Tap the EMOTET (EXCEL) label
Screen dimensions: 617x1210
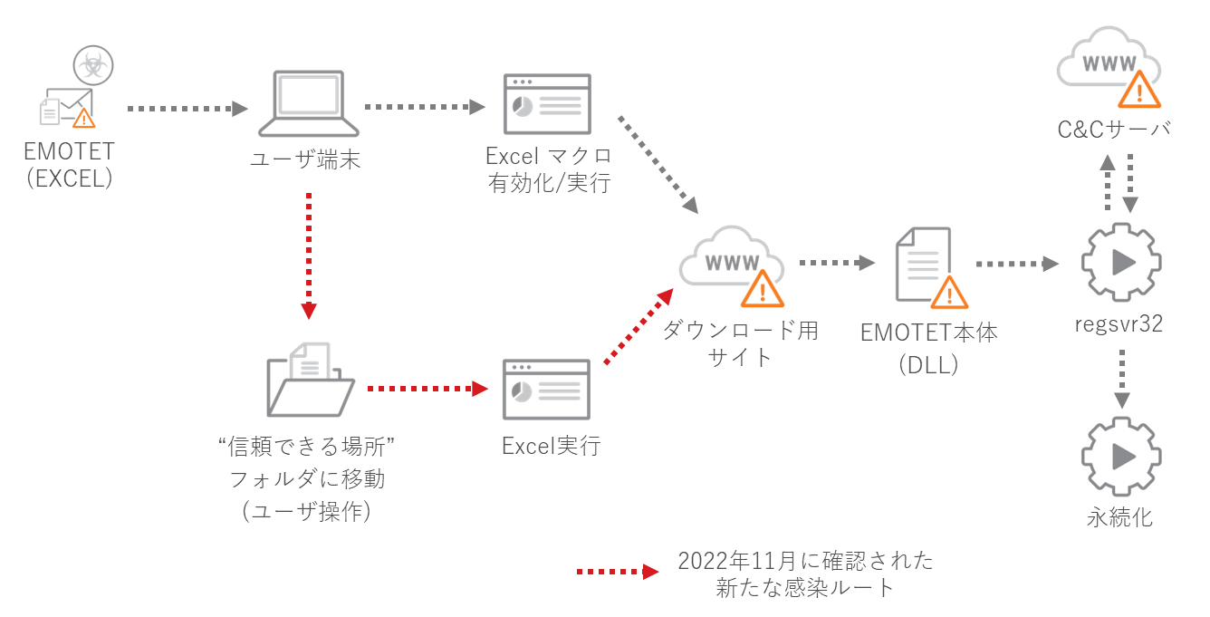[x=69, y=164]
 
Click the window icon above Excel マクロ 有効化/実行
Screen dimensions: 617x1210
[x=547, y=107]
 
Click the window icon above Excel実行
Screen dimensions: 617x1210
[x=547, y=390]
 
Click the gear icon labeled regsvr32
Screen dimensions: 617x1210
[x=1121, y=263]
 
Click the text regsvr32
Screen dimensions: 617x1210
[x=1120, y=323]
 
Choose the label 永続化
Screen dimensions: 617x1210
[x=1120, y=519]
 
